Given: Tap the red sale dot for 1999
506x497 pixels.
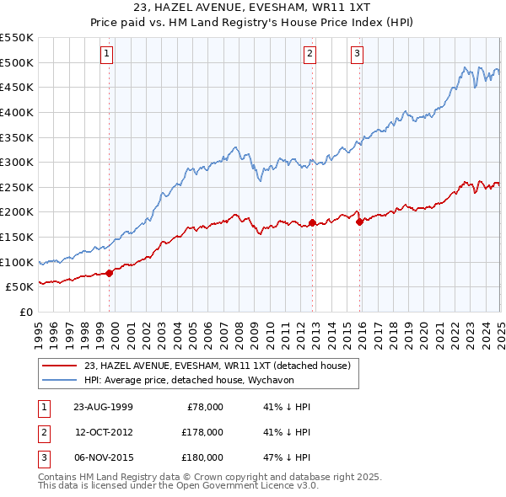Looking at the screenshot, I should click(x=110, y=272).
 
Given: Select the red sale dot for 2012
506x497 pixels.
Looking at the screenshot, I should click(x=312, y=222).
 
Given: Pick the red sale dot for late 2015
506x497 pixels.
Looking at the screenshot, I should click(x=360, y=222).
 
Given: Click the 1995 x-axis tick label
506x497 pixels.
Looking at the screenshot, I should click(x=39, y=327).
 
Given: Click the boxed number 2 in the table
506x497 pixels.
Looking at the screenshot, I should click(x=43, y=432).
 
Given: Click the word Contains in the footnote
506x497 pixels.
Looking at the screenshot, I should click(x=58, y=477).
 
